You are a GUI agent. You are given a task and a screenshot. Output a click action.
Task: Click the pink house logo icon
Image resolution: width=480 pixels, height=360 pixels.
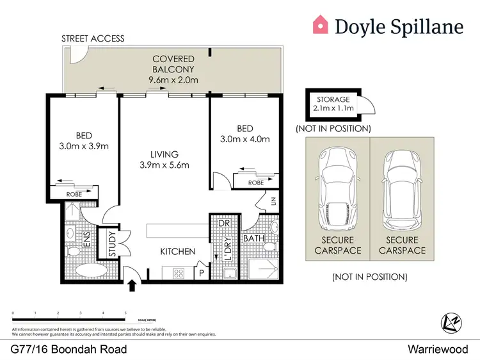pyautogui.click(x=320, y=25)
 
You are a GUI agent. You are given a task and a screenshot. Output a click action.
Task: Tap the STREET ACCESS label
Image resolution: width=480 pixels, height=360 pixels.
pyautogui.click(x=93, y=38)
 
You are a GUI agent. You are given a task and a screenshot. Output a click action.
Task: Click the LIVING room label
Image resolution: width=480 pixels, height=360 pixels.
pyautogui.click(x=164, y=154)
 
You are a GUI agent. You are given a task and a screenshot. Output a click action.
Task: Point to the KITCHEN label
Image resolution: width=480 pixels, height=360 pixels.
pyautogui.click(x=177, y=252)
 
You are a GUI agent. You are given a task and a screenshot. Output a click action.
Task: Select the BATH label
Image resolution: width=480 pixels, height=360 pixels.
pyautogui.click(x=253, y=239)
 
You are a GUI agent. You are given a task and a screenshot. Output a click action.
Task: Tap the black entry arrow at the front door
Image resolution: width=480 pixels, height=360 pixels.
pyautogui.click(x=133, y=284)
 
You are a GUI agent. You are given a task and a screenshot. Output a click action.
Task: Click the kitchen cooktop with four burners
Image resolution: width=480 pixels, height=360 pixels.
pyautogui.click(x=180, y=272)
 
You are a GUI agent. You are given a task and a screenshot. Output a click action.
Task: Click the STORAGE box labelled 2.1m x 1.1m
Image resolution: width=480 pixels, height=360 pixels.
pyautogui.click(x=333, y=104)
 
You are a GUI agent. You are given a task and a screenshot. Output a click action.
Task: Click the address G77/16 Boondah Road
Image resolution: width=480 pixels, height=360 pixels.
pyautogui.click(x=68, y=349)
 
